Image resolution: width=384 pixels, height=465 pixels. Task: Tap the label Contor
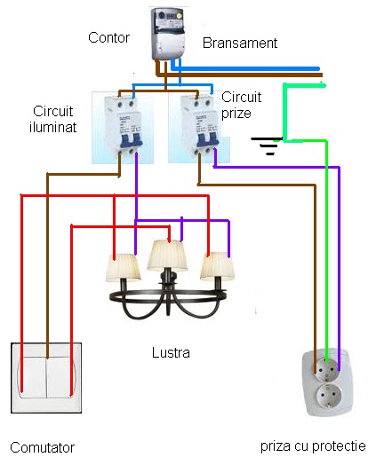pyautogui.click(x=109, y=38)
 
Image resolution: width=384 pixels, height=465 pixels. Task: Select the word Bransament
pyautogui.click(x=240, y=43)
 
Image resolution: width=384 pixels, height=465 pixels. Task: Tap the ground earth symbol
pyautogui.click(x=266, y=142)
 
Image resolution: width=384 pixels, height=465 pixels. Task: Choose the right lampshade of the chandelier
pyautogui.click(x=218, y=265)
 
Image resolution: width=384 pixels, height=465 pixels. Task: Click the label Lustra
pyautogui.click(x=171, y=352)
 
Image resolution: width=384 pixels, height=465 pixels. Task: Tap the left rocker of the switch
pyautogui.click(x=29, y=379)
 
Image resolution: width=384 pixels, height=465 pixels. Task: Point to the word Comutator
pyautogui.click(x=42, y=446)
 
